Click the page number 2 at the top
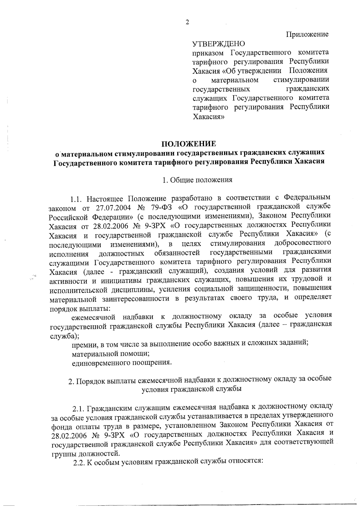tap(187, 22)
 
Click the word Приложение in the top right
tap(307, 34)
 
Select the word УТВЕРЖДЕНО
tap(218, 44)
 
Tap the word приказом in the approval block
tap(208, 53)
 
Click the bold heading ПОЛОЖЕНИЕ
tap(189, 143)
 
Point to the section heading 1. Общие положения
tap(197, 180)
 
